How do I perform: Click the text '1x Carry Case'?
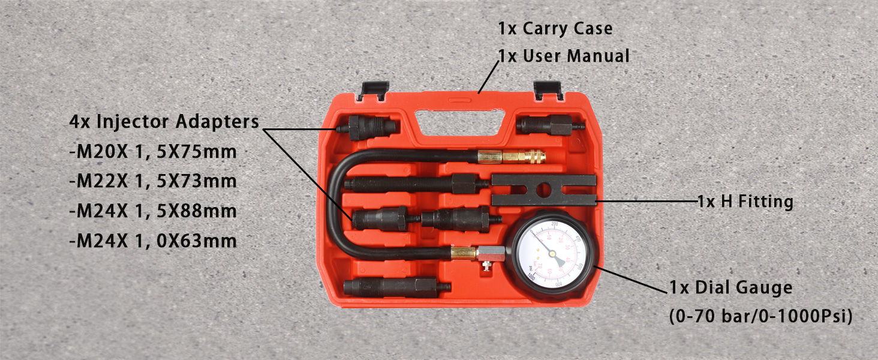[555, 28]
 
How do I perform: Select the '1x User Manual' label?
[564, 56]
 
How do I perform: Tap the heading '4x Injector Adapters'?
[164, 122]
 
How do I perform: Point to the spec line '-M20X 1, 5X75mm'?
[153, 152]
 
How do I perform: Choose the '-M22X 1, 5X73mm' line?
[153, 181]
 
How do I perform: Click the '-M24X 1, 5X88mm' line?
[153, 211]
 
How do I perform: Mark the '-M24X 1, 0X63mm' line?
[153, 241]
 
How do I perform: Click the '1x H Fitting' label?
[745, 202]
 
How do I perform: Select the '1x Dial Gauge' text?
[730, 288]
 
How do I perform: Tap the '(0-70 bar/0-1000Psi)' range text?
[760, 316]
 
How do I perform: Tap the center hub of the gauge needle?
[552, 254]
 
